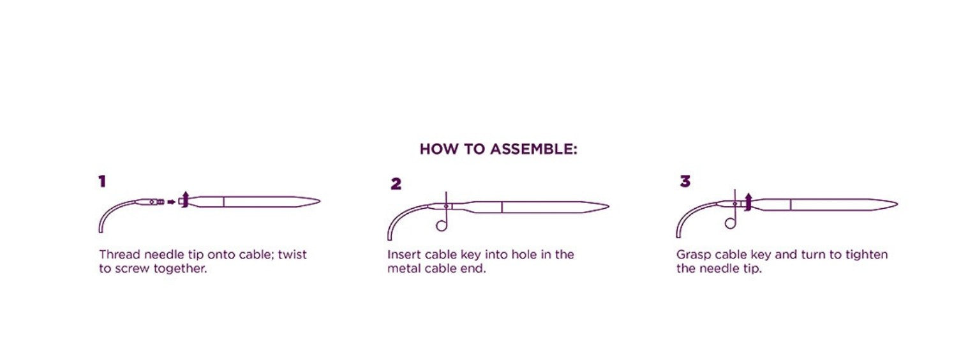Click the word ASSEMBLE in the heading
click(533, 149)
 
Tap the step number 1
click(102, 181)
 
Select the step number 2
click(396, 184)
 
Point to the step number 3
click(685, 181)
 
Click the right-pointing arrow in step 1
click(172, 202)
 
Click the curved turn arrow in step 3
click(748, 202)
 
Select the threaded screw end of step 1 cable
click(161, 202)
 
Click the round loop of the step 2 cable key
click(441, 225)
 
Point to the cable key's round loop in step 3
click(730, 223)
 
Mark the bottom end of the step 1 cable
click(101, 232)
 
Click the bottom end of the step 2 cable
click(390, 239)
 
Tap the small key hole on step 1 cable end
click(151, 202)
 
